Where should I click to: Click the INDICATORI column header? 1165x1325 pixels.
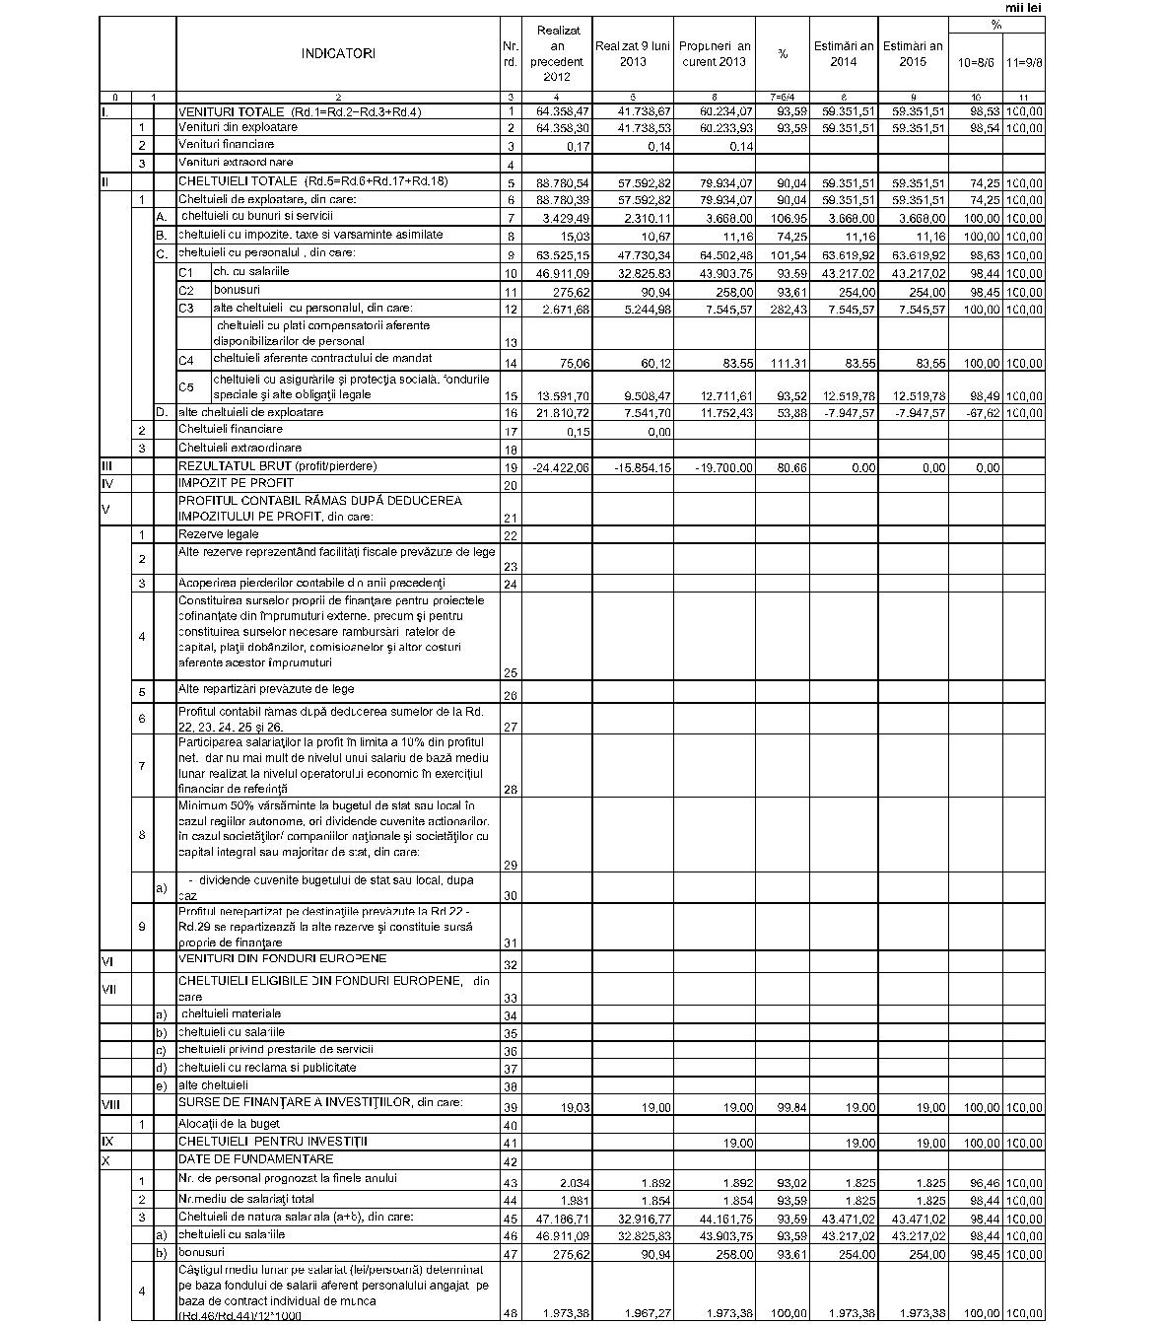pos(338,54)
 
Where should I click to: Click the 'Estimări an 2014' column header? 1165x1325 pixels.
pos(843,53)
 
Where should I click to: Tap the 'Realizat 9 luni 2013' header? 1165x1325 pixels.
pos(632,53)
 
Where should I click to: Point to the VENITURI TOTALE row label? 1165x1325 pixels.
pos(299,112)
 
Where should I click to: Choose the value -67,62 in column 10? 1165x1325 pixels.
pos(982,413)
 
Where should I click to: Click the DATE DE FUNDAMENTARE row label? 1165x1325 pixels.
pos(255,1159)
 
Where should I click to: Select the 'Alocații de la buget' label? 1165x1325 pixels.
pos(229,1124)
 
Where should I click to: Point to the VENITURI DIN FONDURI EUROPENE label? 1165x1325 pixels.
pos(282,958)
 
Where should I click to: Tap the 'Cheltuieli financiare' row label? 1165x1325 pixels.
pos(230,430)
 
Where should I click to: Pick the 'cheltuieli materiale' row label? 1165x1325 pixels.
pos(232,1013)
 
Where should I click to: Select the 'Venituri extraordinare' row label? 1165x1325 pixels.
pos(236,162)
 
